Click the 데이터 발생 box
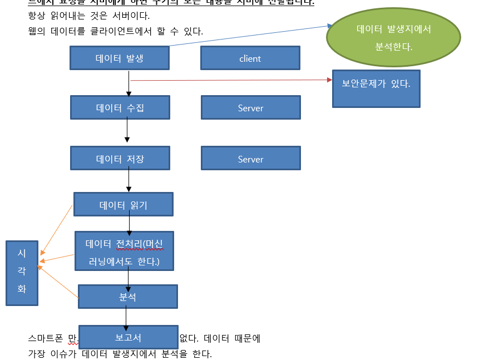click(x=120, y=58)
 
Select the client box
click(x=250, y=58)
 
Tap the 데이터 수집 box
click(x=120, y=107)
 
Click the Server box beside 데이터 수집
click(x=250, y=107)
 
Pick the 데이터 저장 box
click(x=120, y=158)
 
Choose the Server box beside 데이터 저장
click(x=250, y=158)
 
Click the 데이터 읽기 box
click(x=123, y=204)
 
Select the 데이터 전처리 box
click(x=124, y=251)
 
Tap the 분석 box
click(x=127, y=297)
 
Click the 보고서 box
click(x=128, y=337)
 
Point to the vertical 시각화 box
click(x=22, y=273)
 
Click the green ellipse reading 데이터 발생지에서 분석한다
click(x=393, y=37)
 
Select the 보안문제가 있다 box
click(x=376, y=88)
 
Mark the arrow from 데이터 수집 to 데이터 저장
click(x=127, y=132)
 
